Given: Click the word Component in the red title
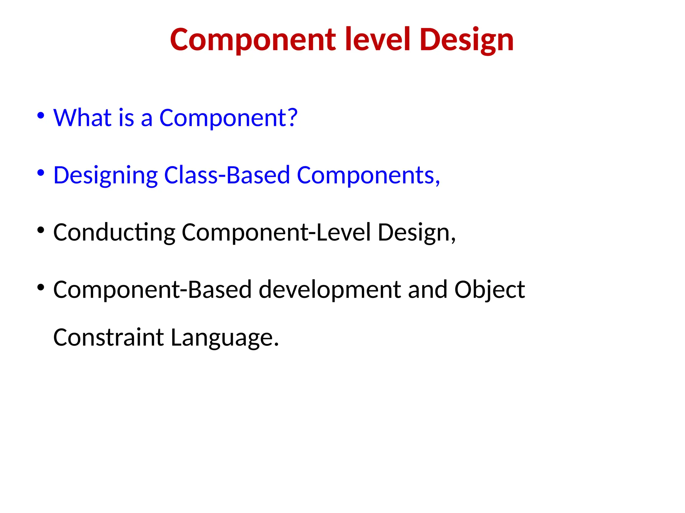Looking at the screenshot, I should click(253, 40).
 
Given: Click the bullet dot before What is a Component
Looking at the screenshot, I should click(41, 116).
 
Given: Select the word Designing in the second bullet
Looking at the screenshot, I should click(105, 176).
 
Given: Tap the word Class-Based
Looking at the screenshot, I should click(227, 175).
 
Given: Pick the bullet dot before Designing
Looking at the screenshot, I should click(41, 173).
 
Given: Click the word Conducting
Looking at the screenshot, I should click(114, 233).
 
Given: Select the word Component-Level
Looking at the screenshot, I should click(276, 232).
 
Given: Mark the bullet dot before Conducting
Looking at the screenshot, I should click(41, 230).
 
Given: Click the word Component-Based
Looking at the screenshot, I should click(152, 290).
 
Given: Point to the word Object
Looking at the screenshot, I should click(489, 290).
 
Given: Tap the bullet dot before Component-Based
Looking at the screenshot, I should click(41, 287).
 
